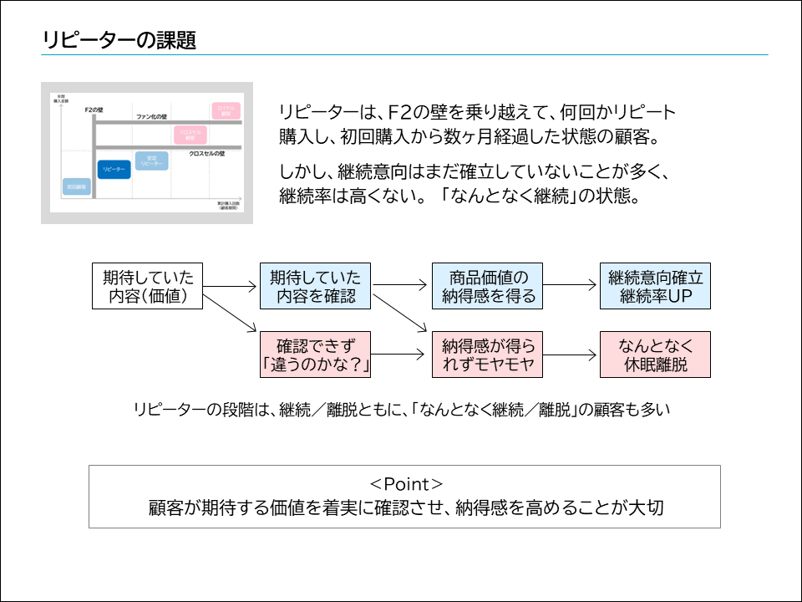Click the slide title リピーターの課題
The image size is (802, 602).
(119, 40)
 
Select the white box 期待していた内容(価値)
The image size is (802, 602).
(147, 286)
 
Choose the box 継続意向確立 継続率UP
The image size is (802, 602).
(656, 286)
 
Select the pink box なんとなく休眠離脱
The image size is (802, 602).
(656, 355)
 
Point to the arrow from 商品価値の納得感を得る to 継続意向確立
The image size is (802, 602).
(571, 286)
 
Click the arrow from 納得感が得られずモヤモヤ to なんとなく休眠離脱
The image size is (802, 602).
(571, 355)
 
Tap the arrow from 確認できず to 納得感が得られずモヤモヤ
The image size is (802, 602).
(401, 355)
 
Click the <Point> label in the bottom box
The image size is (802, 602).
(405, 484)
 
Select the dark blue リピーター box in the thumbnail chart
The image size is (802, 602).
(114, 169)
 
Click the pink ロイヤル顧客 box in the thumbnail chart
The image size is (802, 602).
(226, 110)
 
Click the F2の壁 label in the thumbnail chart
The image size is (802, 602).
(94, 110)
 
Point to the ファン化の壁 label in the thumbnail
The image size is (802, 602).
(152, 116)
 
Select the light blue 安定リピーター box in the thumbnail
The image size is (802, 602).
(151, 159)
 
